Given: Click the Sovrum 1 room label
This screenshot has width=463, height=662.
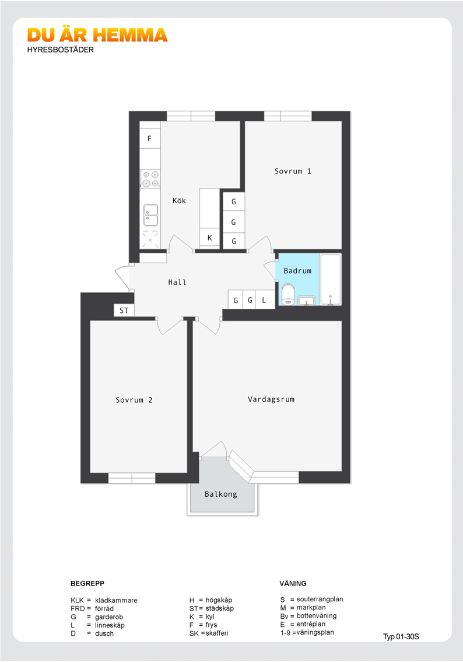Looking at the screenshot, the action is [x=293, y=171].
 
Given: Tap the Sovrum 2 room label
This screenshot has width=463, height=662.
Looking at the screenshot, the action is [x=134, y=400].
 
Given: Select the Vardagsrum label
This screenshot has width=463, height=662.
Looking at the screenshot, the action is [x=271, y=399].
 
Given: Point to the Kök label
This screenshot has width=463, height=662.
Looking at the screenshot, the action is [x=179, y=201].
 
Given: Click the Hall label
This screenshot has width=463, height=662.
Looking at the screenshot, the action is [x=177, y=282].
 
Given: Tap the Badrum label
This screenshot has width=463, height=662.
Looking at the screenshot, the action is [x=298, y=271].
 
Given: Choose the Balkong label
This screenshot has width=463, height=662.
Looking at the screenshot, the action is [x=220, y=494].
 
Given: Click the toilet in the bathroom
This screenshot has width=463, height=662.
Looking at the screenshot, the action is [x=288, y=294].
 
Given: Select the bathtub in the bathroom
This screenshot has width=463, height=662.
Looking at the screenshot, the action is [x=330, y=279].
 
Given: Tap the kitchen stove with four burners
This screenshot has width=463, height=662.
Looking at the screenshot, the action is [x=150, y=179].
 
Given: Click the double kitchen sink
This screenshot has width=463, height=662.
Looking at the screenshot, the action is [x=150, y=215].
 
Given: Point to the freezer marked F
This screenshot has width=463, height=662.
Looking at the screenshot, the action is [x=150, y=138].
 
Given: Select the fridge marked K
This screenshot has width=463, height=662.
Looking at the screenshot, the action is [x=209, y=238].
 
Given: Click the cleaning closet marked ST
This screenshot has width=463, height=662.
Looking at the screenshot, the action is [x=124, y=311].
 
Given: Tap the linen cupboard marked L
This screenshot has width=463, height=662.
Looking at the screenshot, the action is [x=264, y=299].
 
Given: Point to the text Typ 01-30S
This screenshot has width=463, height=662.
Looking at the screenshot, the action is [x=401, y=637].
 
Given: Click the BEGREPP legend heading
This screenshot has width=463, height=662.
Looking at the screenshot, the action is [x=87, y=583].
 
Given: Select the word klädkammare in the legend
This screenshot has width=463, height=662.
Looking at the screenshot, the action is [x=116, y=600].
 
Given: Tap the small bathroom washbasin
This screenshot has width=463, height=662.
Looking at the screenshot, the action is [x=306, y=301].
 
